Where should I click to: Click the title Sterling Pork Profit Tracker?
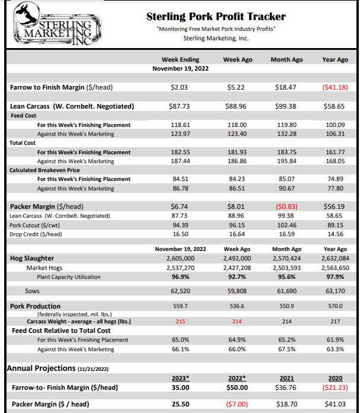pos(215,17)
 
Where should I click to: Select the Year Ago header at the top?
pos(334,60)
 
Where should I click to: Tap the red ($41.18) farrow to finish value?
pos(334,87)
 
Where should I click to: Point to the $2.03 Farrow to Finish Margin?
pos(180,87)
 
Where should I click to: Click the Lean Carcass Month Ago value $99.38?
pos(285,106)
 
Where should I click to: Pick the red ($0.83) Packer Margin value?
pos(285,206)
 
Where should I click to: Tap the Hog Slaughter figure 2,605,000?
pos(180,259)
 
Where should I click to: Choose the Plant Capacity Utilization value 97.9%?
pos(334,277)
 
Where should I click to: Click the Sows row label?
pos(32,291)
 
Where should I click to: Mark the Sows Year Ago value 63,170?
pos(334,291)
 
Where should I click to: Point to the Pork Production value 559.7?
pos(180,306)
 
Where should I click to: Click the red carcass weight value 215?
pos(180,321)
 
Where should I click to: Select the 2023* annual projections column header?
pos(180,377)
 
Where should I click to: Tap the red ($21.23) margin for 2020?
pos(334,388)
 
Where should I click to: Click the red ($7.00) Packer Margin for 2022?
pos(237,404)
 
